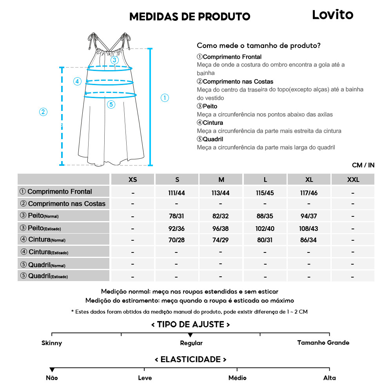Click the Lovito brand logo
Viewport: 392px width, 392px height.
(x=332, y=15)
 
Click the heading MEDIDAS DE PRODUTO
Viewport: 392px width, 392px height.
(x=190, y=16)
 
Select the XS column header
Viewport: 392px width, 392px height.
(x=133, y=180)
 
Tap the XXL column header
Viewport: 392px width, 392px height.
(x=353, y=180)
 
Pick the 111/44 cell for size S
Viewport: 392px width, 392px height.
(x=177, y=192)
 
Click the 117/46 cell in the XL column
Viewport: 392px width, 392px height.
(x=309, y=192)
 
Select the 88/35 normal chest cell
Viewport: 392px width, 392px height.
(x=265, y=216)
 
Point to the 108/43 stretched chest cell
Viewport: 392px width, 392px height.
(x=309, y=228)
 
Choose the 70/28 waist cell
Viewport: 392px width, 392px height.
(x=177, y=240)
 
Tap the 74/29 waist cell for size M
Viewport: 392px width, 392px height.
(x=221, y=240)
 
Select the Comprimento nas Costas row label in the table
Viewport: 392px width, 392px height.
(x=63, y=204)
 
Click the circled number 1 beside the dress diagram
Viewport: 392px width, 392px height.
(x=165, y=98)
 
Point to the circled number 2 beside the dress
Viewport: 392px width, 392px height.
(x=44, y=112)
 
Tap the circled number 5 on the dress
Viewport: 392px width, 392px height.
(x=111, y=104)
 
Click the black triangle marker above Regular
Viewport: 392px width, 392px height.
(x=190, y=335)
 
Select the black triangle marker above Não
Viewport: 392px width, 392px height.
(x=52, y=370)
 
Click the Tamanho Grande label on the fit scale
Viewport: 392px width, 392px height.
(x=323, y=343)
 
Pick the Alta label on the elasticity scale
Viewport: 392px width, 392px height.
(x=329, y=378)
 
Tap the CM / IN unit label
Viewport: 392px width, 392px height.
(x=363, y=165)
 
